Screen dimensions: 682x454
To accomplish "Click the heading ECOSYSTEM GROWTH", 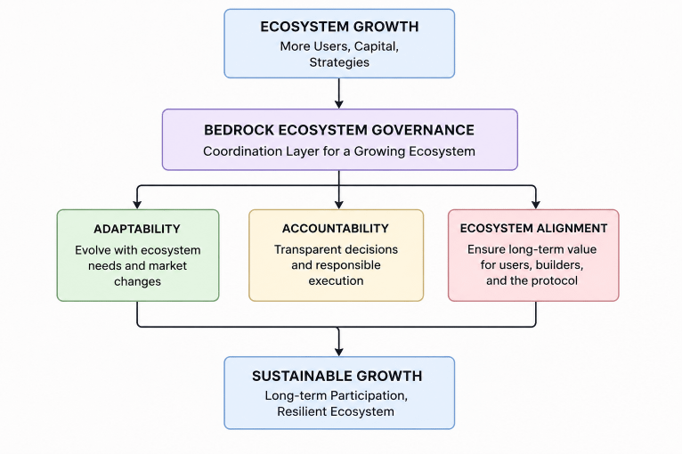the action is tap(339, 27).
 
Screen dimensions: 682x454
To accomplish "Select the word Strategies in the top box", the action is tap(339, 62).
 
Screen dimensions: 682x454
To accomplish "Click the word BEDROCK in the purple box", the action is tap(239, 130).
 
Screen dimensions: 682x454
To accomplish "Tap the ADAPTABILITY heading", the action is tap(137, 229).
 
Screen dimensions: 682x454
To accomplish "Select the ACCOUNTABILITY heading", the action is tap(336, 229).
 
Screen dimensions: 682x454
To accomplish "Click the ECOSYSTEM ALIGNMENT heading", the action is tap(533, 228).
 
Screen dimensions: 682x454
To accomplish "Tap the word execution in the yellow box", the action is tap(336, 281).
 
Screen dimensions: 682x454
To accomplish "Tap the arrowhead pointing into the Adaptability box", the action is tap(137, 205).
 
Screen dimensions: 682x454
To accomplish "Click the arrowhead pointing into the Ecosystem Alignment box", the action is tap(536, 205).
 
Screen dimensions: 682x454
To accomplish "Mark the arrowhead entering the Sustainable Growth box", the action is tap(339, 352).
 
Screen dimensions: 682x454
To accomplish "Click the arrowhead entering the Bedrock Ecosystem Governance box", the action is tap(339, 104).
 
